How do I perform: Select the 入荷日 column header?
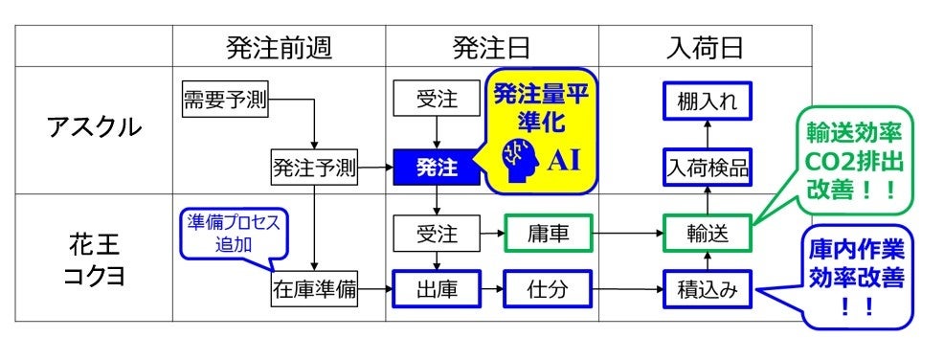click(705, 46)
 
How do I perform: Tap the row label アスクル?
click(94, 127)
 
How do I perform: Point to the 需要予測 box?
click(225, 100)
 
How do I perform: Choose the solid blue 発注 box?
click(437, 169)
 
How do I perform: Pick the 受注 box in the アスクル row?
click(437, 100)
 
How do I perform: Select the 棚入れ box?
click(707, 100)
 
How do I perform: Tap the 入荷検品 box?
click(707, 169)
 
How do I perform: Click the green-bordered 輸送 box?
click(707, 233)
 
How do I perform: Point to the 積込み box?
click(707, 286)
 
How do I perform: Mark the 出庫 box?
click(437, 286)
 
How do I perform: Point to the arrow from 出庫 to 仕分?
click(492, 286)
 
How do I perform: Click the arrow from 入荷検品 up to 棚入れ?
click(707, 135)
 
